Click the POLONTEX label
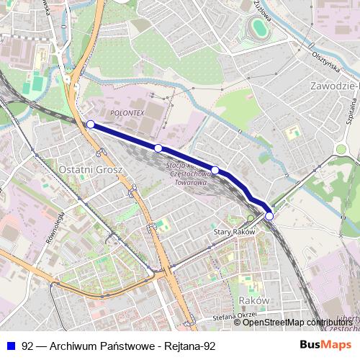coord(129,114)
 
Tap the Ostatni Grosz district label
coord(91,169)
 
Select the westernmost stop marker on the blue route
coord(91,125)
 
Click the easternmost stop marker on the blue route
coord(269,216)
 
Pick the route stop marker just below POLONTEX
coord(158,148)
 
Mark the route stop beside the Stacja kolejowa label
coord(215,171)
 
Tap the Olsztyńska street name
coord(326,58)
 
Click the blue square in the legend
coord(10,346)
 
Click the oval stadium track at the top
coord(258,29)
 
